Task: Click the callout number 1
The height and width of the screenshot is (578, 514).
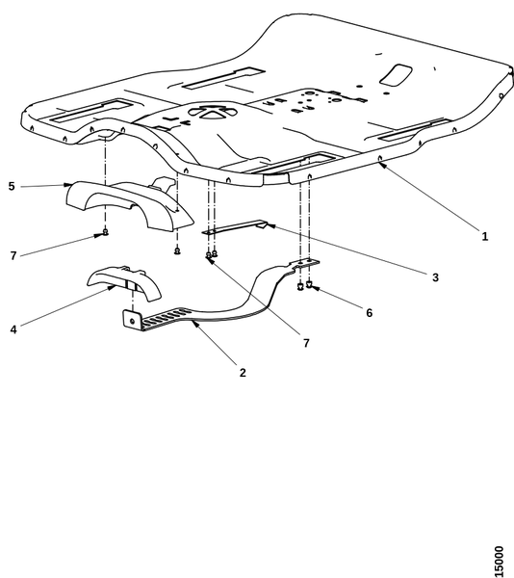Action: click(x=485, y=236)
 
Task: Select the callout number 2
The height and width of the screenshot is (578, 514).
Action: click(x=243, y=373)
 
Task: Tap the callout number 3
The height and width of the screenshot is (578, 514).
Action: click(x=435, y=277)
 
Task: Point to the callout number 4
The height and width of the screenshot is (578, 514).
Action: click(x=13, y=329)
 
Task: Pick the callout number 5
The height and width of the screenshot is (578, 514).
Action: click(x=12, y=186)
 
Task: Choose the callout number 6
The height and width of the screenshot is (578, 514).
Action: click(x=369, y=312)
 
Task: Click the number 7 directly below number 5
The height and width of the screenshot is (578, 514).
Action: click(x=13, y=255)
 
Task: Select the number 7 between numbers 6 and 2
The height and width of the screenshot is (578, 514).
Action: click(x=306, y=343)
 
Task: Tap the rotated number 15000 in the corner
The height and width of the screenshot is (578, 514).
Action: click(x=499, y=561)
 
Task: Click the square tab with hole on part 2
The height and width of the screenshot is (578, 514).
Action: click(x=131, y=320)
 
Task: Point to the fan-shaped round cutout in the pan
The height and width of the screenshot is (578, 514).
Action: click(x=212, y=112)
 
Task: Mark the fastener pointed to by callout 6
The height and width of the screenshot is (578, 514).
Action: click(x=309, y=284)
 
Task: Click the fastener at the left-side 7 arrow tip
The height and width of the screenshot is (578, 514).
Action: click(x=105, y=232)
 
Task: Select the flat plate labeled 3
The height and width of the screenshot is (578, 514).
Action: click(x=235, y=227)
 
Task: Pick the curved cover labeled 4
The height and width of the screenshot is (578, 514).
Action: click(x=124, y=281)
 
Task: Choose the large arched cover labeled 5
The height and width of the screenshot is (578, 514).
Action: click(x=129, y=204)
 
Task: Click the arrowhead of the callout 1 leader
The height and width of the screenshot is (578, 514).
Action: click(x=382, y=166)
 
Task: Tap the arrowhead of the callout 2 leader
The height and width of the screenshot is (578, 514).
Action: click(x=194, y=324)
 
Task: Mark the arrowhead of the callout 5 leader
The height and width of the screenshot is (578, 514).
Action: click(x=67, y=184)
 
